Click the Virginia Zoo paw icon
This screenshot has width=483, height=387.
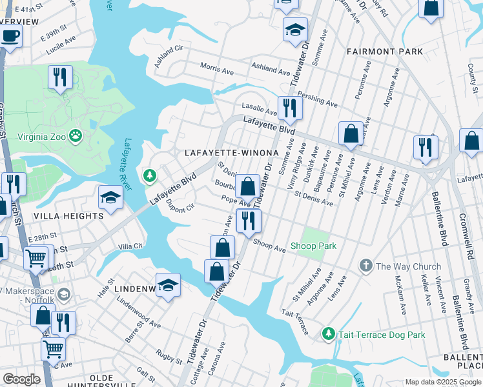coord(76,135)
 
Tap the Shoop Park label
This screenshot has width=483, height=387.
coord(313,246)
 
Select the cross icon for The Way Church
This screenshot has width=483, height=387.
coord(365,266)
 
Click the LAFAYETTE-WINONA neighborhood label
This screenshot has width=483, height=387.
coord(231,153)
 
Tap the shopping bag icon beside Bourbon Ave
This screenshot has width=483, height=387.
coord(247,186)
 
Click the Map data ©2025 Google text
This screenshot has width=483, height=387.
coord(442,382)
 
